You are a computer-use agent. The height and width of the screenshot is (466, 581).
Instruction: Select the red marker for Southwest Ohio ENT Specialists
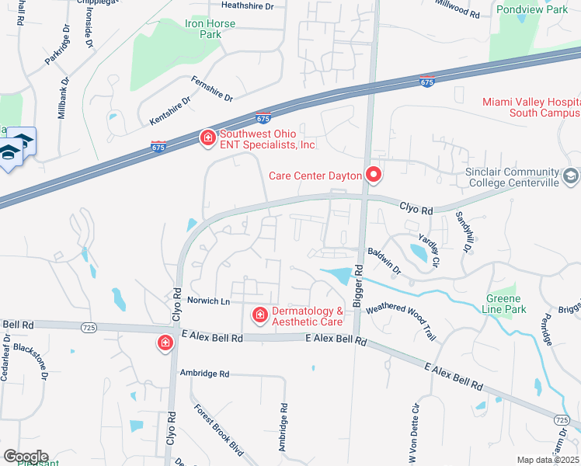207,138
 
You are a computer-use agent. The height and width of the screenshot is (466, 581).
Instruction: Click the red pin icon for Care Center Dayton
374,176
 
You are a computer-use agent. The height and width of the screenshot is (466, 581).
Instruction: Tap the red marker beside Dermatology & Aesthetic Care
259,315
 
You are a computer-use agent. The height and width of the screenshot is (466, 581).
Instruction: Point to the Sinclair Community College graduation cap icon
572,177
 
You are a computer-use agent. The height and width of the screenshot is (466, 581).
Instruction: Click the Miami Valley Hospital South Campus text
531,107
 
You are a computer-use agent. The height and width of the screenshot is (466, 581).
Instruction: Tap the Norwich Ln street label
210,301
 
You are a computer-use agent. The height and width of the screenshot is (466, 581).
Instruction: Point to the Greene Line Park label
506,304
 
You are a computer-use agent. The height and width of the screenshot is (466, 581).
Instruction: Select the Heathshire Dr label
248,6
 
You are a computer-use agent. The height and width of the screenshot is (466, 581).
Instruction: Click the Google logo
25,457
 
